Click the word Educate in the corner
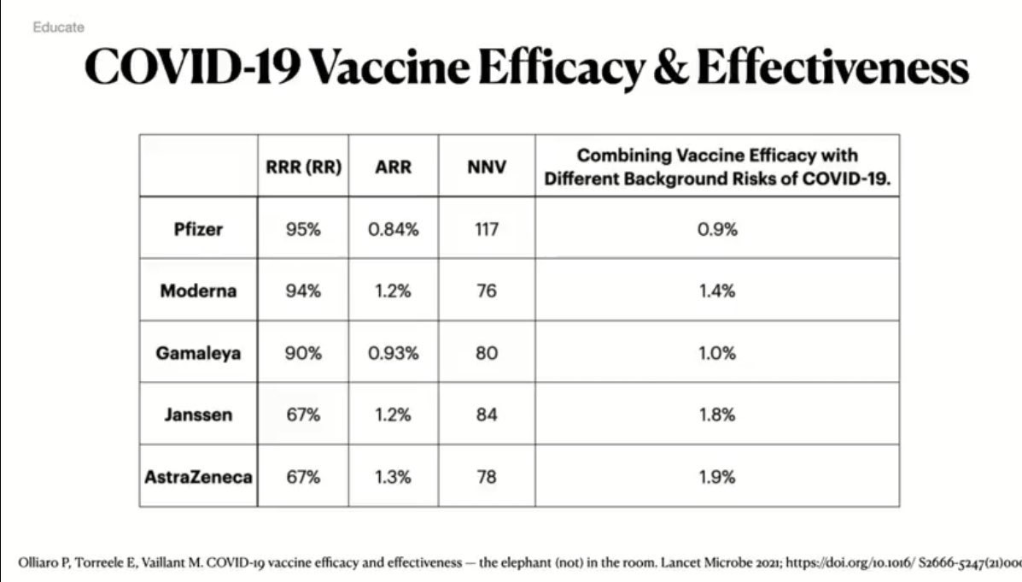59,27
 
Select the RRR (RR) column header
304,168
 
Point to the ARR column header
393,168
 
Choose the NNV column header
487,168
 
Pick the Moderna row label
198,291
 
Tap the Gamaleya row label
198,353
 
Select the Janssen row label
198,415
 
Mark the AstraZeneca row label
198,477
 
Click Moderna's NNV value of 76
487,291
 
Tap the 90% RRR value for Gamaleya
304,353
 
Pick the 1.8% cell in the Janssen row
716,415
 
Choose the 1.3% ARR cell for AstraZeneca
393,477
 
